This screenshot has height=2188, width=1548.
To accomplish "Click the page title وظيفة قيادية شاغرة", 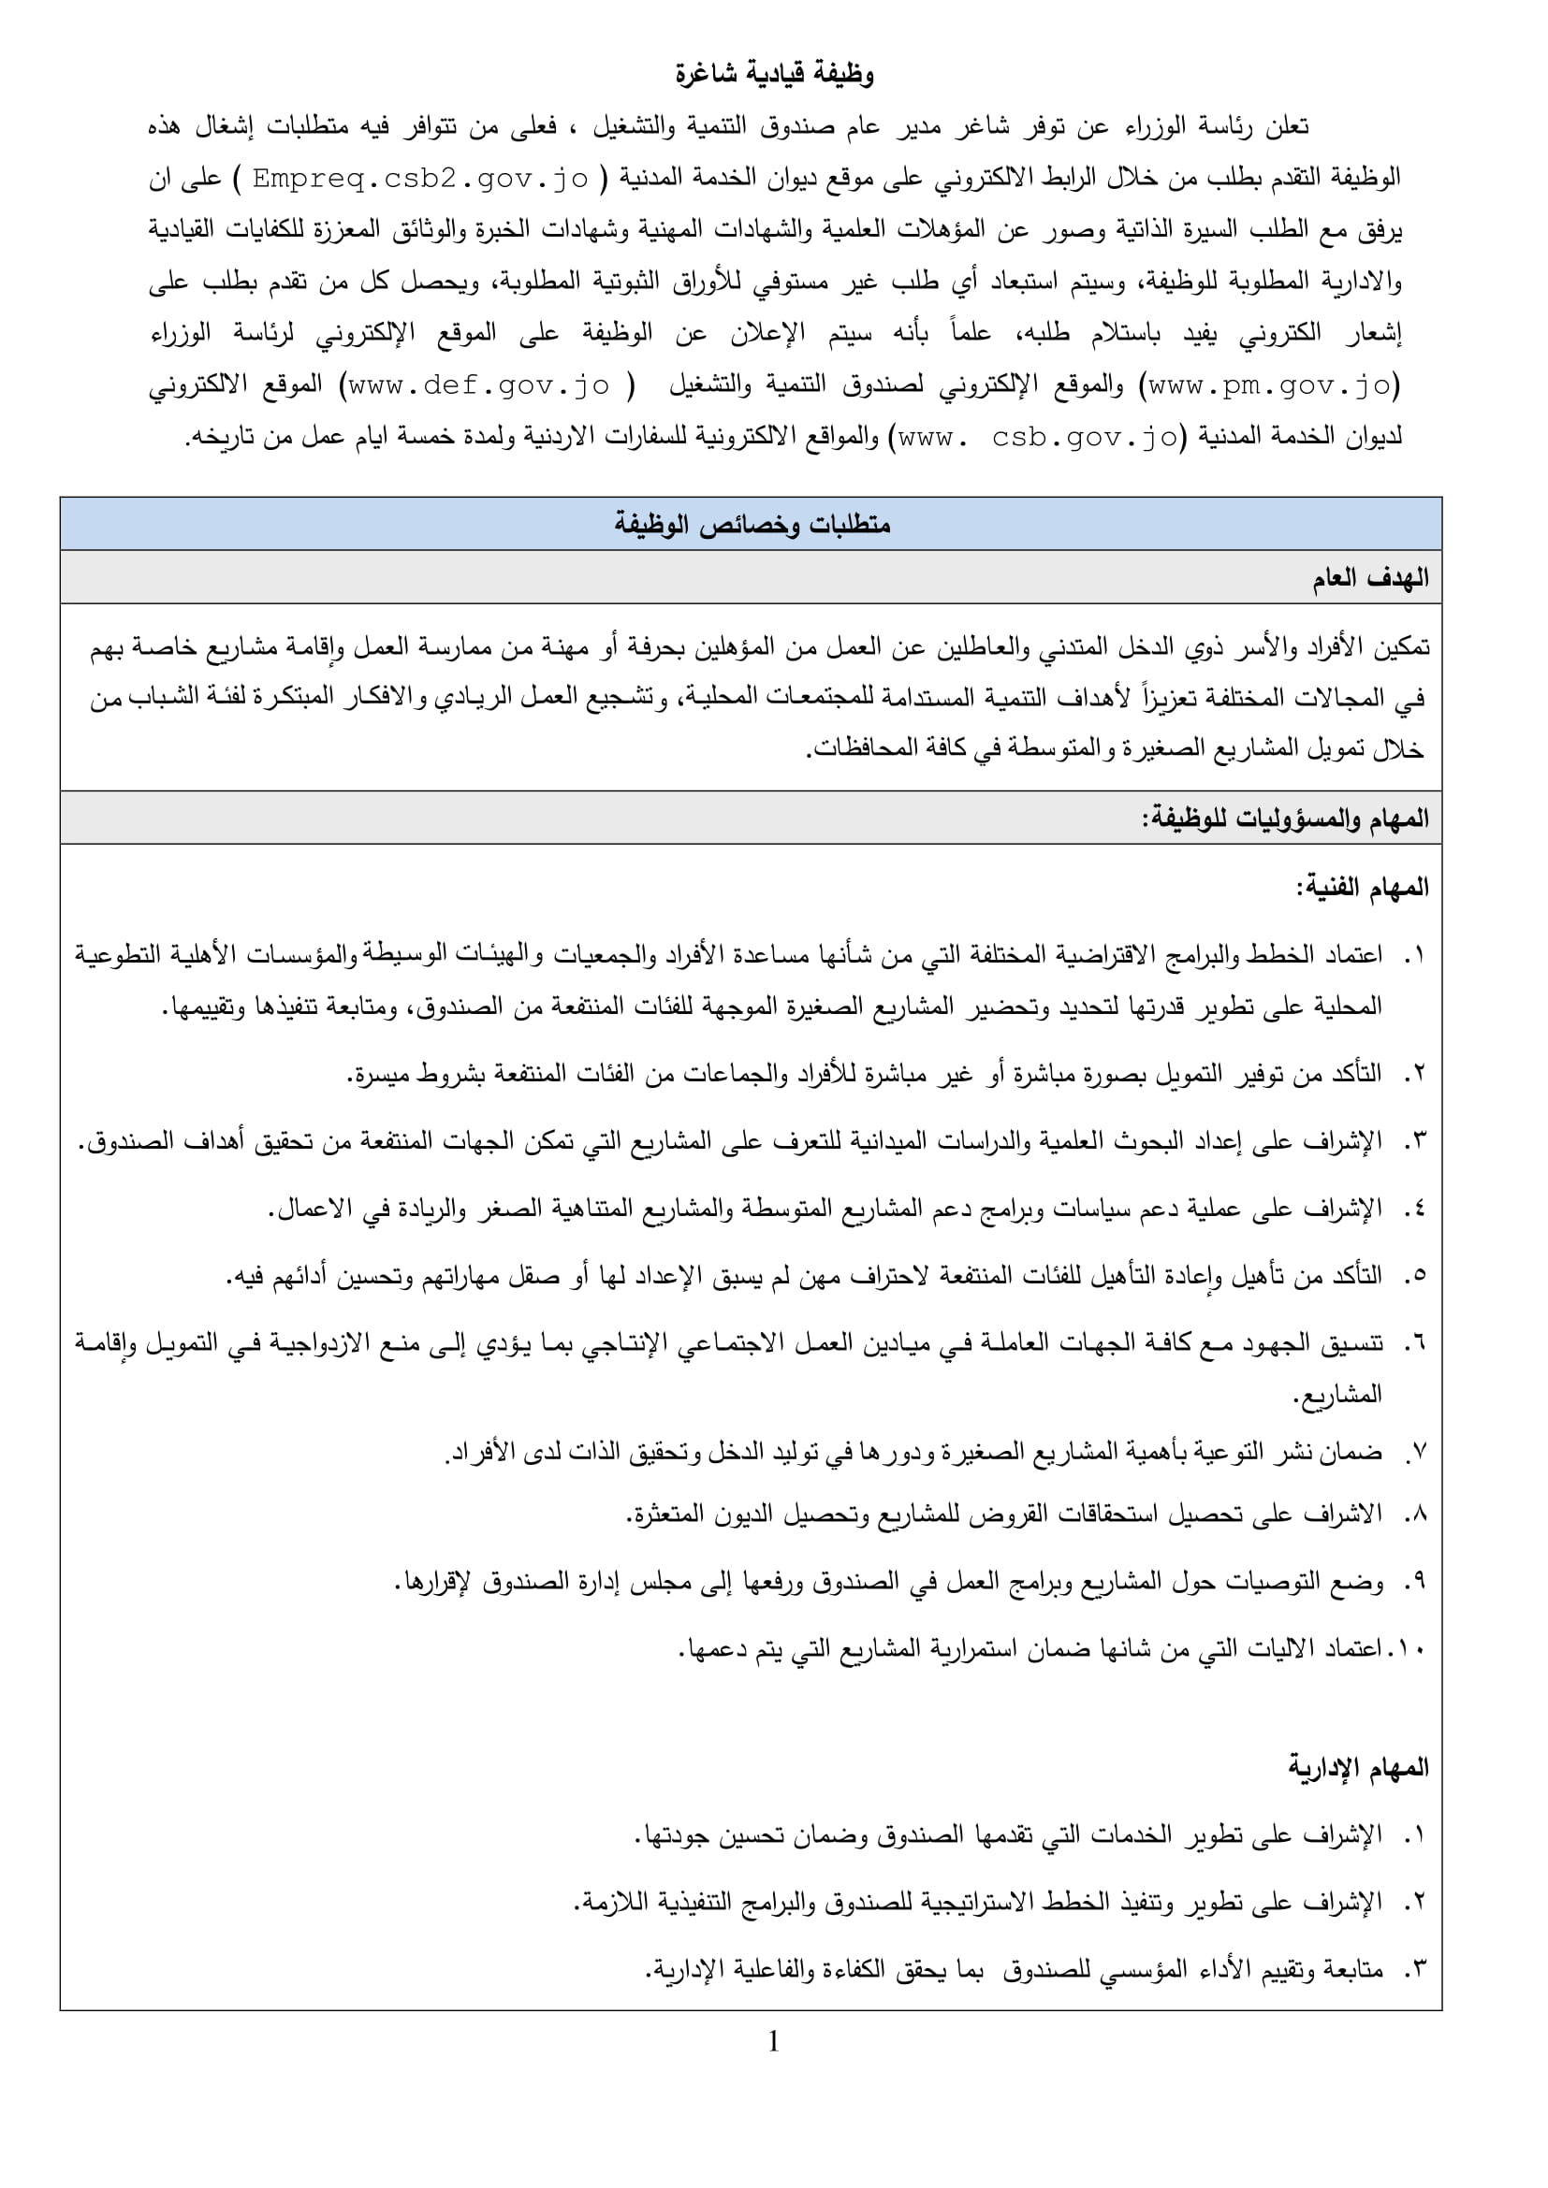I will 774,74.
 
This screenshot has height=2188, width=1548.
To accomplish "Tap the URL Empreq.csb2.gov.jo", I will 420,179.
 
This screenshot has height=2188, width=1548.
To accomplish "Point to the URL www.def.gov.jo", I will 478,386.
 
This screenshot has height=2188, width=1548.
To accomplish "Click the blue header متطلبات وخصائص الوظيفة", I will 752,524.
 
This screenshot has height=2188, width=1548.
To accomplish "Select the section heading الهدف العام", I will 1370,577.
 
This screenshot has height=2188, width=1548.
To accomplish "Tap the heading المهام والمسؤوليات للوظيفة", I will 1285,819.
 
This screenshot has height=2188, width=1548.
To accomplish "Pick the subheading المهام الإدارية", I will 1358,1769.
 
